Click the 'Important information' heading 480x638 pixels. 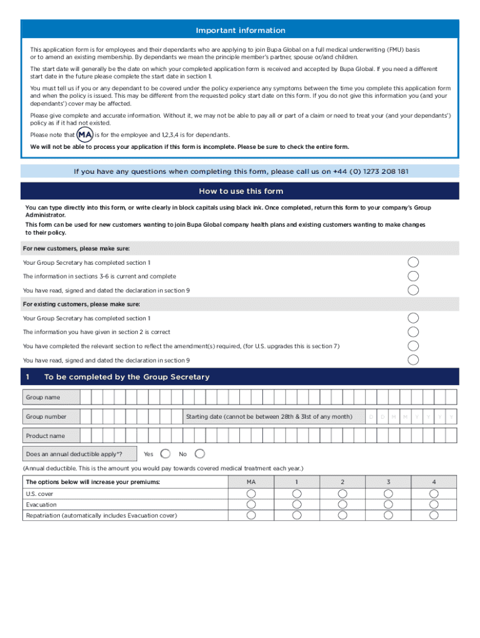240,31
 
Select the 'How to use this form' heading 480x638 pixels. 240,191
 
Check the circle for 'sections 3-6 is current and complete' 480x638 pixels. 413,276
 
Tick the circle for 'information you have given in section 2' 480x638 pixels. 413,332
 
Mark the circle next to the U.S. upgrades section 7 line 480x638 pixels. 413,346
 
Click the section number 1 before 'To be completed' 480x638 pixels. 28,377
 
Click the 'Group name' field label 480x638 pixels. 42,397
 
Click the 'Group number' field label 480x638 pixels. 46,416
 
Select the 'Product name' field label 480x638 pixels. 45,436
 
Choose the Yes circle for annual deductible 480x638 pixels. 166,454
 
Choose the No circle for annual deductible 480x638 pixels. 199,454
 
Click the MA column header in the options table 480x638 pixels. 251,482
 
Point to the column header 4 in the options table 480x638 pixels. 434,482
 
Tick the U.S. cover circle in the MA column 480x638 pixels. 251,493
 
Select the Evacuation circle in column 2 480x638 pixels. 342,504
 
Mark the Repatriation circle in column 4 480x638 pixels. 434,515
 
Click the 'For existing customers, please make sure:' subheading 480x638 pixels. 81,304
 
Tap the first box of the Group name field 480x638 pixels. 85,397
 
